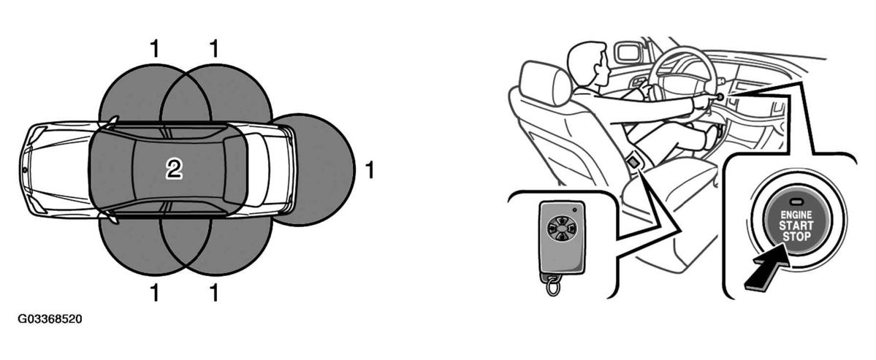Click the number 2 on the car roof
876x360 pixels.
(x=175, y=169)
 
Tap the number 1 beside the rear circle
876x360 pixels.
(x=369, y=169)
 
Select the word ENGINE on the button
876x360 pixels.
(x=796, y=215)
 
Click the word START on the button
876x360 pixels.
(x=796, y=226)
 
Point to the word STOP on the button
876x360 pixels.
(x=796, y=237)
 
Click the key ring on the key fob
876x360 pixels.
(x=553, y=286)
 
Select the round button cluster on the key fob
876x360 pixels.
(x=557, y=227)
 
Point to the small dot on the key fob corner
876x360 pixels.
(x=574, y=210)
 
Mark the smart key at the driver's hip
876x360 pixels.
(x=634, y=163)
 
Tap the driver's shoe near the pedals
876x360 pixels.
(x=712, y=136)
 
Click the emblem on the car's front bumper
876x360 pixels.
(x=25, y=169)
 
